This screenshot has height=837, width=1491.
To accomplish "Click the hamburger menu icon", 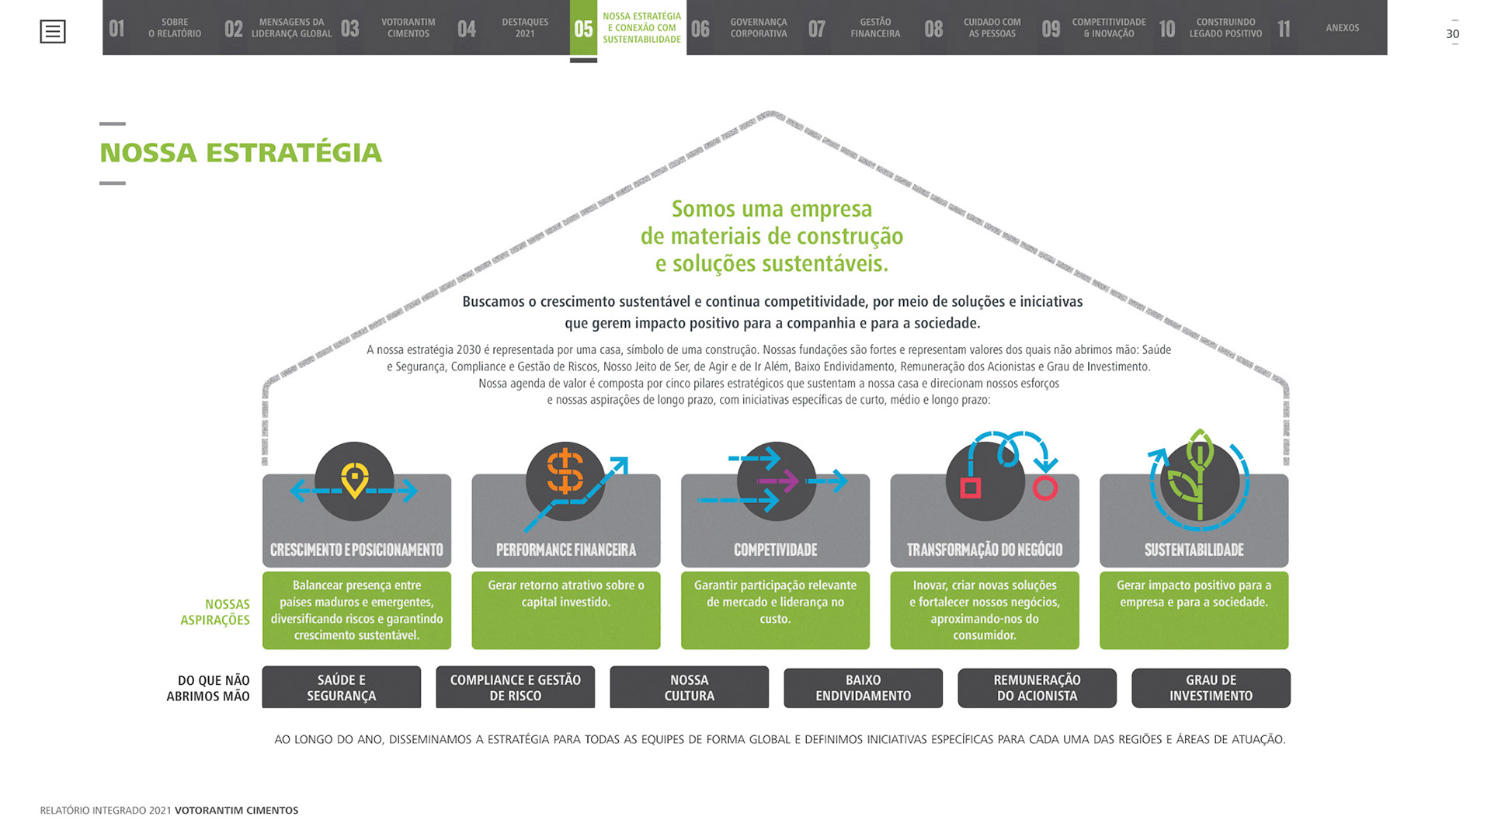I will click(x=53, y=32).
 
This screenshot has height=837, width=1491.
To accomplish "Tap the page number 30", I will click(x=1452, y=33).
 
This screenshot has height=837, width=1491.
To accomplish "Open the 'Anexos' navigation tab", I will click(x=1342, y=28).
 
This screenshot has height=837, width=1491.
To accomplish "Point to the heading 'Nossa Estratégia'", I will click(x=241, y=153).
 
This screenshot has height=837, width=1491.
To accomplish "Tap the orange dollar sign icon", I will click(x=565, y=471).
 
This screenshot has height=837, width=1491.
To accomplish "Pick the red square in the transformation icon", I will click(x=971, y=488).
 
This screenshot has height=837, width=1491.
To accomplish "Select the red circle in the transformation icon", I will click(x=1045, y=488).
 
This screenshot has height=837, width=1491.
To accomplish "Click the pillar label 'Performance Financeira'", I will click(x=566, y=550).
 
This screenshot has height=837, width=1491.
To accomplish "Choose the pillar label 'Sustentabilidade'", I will click(x=1194, y=550).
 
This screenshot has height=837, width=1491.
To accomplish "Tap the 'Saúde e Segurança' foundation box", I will click(x=342, y=688).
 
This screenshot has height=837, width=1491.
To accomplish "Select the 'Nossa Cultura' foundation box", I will click(x=689, y=688).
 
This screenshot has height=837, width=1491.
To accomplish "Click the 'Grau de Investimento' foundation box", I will click(x=1211, y=688).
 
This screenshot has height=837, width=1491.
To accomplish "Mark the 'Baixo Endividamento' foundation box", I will click(x=863, y=688).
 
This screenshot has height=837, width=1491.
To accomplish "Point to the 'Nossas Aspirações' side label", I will click(x=216, y=612).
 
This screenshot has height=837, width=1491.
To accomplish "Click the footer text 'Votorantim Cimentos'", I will click(x=236, y=810).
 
